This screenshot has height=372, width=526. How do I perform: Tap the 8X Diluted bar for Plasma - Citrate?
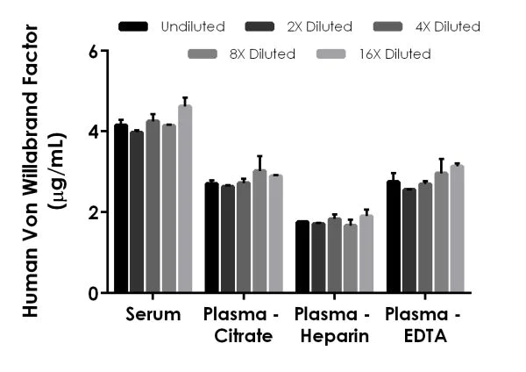coord(259,232)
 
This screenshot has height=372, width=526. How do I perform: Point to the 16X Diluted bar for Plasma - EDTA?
coord(456,229)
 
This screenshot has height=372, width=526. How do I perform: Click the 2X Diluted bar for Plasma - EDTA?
coord(409,240)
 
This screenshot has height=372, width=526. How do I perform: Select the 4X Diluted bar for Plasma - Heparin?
coord(334,255)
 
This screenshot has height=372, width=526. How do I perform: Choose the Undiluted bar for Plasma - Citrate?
coord(211,238)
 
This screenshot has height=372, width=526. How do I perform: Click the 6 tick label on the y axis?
coord(92,51)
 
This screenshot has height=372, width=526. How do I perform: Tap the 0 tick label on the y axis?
coord(92,293)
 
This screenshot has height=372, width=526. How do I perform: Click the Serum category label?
coord(153,313)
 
